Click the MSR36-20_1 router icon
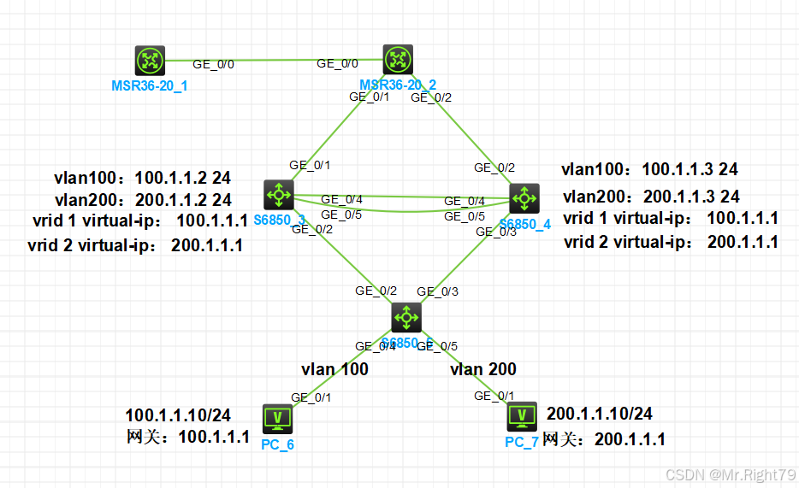click(150, 61)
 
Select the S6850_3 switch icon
click(279, 195)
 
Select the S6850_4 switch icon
click(524, 198)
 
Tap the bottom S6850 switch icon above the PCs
click(405, 318)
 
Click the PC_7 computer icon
click(522, 416)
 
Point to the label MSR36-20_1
click(150, 86)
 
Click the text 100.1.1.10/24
click(178, 415)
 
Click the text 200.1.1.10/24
click(600, 414)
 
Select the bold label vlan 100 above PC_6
click(334, 369)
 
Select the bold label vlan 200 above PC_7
click(483, 369)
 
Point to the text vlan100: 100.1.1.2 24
click(143, 178)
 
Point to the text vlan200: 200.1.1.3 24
click(651, 196)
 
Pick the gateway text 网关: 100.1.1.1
click(187, 438)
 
